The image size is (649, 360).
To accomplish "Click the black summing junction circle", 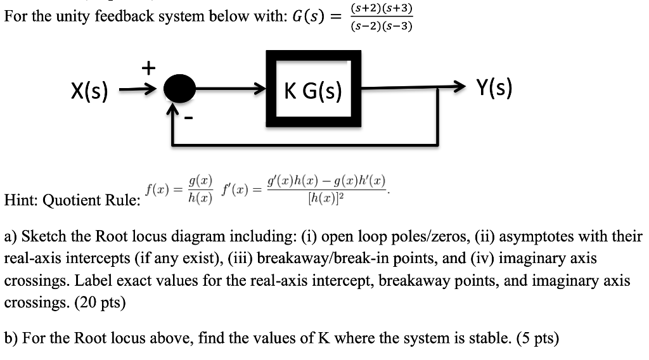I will (x=179, y=91).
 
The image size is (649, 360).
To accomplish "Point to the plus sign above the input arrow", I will (x=146, y=68).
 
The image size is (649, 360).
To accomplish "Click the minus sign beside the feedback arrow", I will (x=189, y=118).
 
